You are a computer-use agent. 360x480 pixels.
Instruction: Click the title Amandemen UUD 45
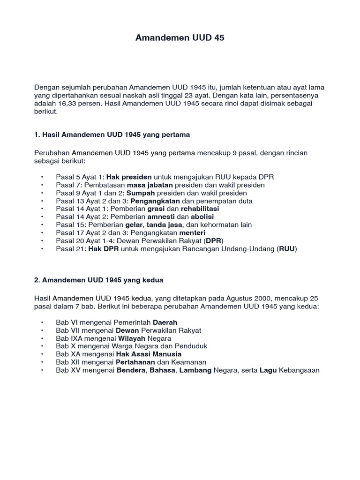pos(180,38)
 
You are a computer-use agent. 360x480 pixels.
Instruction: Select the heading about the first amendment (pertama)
pos(112,135)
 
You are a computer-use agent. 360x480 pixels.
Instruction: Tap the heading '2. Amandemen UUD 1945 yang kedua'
pos(98,280)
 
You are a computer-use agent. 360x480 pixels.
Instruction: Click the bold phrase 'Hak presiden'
pos(129,177)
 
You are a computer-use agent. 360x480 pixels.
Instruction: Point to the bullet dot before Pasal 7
pos(42,185)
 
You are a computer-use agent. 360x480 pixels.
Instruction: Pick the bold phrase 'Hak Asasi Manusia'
pos(149,354)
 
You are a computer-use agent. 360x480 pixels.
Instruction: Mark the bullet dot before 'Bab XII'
pos(42,362)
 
